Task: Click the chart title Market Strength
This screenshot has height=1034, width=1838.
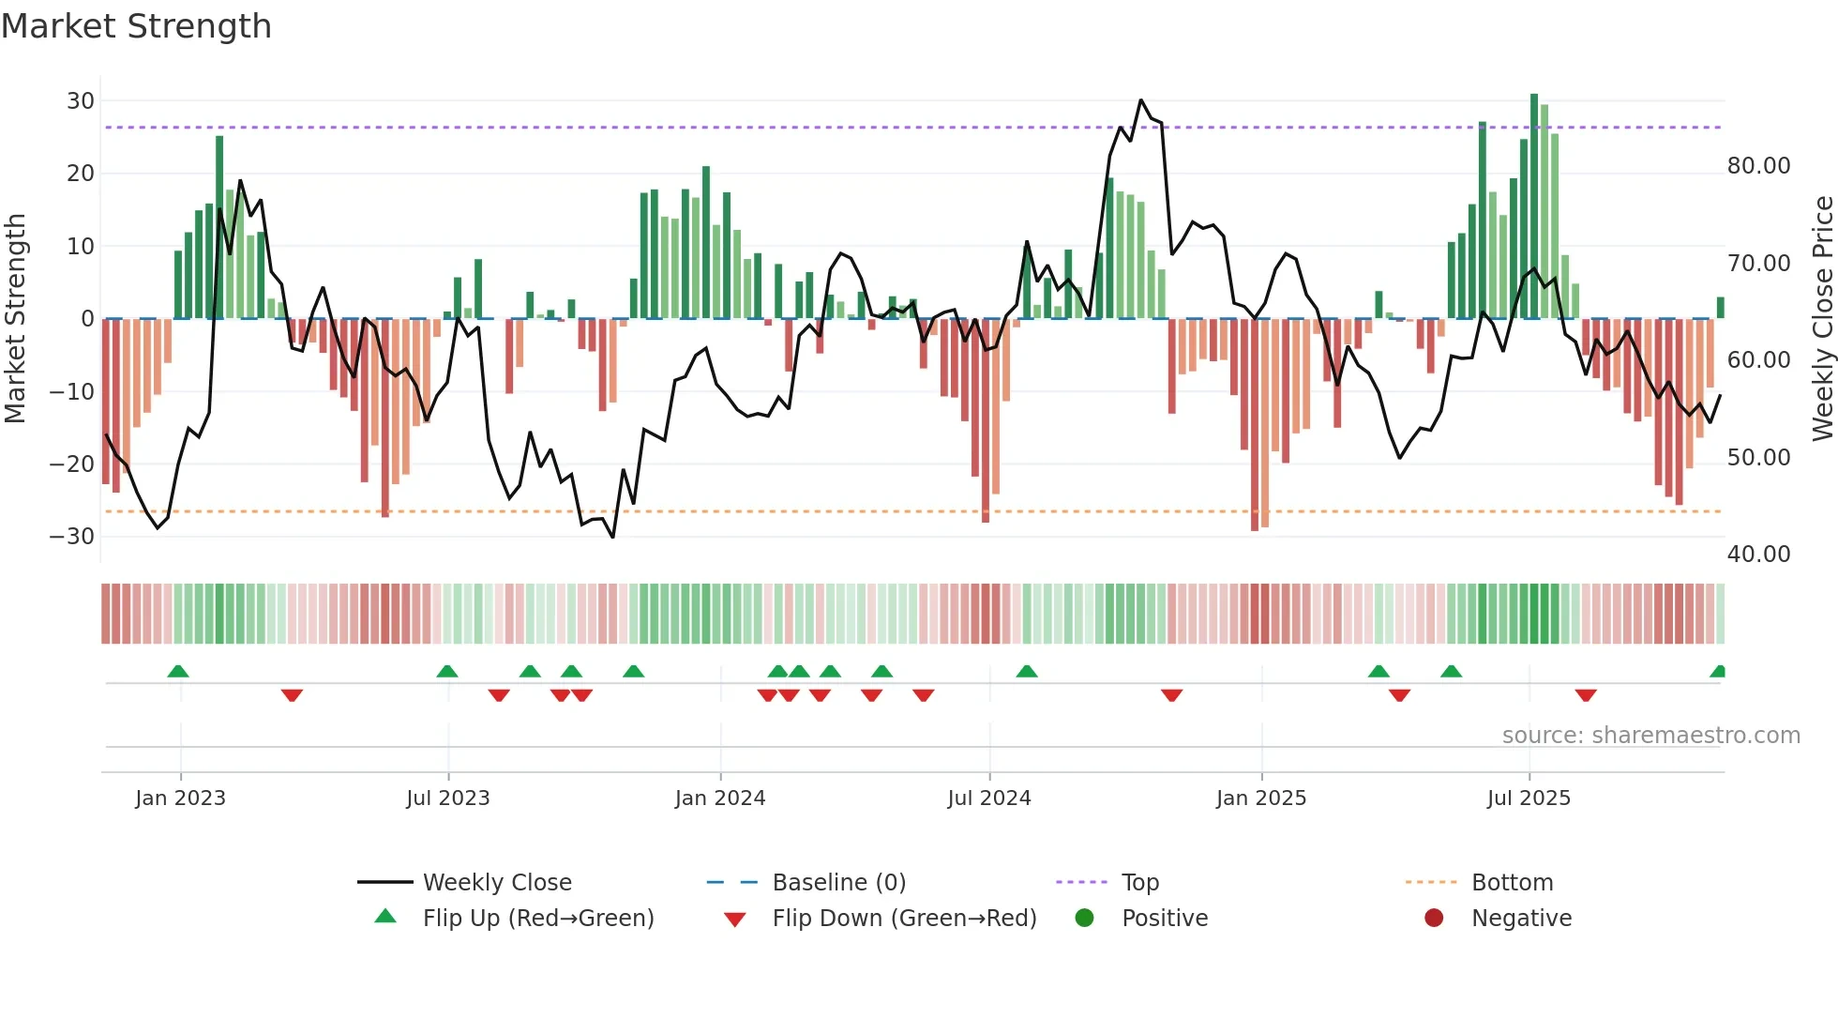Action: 136,26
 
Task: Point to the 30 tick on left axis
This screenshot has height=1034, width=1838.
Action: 81,101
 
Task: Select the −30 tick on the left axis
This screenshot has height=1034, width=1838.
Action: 72,537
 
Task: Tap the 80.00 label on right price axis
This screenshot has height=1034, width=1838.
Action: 1758,166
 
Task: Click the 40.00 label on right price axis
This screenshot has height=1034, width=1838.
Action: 1758,555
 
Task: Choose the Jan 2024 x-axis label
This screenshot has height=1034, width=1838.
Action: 719,798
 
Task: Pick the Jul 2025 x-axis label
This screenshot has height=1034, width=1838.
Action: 1528,798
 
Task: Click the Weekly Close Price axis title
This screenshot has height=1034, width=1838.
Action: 1822,318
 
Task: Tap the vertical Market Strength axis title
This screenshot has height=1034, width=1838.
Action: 15,318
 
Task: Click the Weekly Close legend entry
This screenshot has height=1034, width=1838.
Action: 496,883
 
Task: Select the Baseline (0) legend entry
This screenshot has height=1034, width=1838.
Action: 838,883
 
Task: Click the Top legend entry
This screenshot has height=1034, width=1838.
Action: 1139,883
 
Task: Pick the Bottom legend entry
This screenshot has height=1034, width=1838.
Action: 1512,883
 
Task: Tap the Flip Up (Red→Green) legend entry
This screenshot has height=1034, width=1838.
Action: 537,919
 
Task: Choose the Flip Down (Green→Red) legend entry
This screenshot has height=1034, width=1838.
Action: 904,919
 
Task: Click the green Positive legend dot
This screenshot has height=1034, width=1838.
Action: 1084,919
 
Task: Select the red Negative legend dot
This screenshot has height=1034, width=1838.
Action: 1433,919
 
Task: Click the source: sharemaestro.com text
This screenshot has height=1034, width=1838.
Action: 1650,736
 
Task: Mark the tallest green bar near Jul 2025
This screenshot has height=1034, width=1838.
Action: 1534,206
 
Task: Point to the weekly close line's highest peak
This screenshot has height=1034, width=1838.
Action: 1140,100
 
